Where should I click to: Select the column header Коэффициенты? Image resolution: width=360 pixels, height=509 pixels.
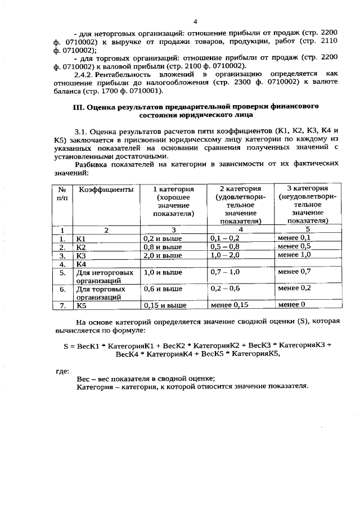[106, 190]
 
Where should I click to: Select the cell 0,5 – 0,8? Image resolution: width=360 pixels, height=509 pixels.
[224, 246]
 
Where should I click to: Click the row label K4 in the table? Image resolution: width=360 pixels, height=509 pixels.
[81, 264]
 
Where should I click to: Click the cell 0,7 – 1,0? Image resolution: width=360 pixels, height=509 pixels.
[224, 272]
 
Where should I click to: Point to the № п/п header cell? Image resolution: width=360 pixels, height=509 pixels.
[63, 194]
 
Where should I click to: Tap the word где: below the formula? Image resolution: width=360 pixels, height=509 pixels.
[62, 371]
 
